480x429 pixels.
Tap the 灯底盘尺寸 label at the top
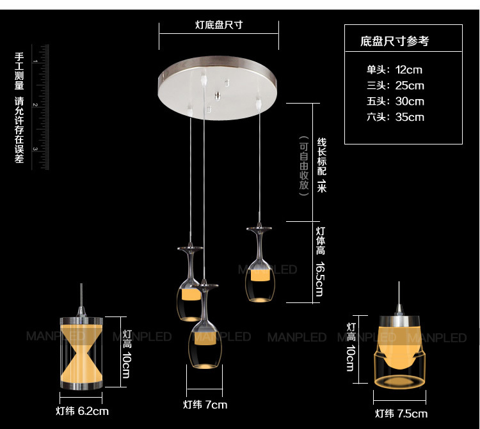218,25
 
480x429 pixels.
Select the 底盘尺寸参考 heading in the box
394,42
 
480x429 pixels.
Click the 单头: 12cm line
394,70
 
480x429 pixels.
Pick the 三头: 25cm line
395,86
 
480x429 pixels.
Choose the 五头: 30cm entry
395,101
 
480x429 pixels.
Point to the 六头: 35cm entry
395,117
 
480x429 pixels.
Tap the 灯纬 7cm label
205,405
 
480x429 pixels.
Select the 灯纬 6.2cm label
81,411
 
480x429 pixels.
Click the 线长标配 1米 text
321,164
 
